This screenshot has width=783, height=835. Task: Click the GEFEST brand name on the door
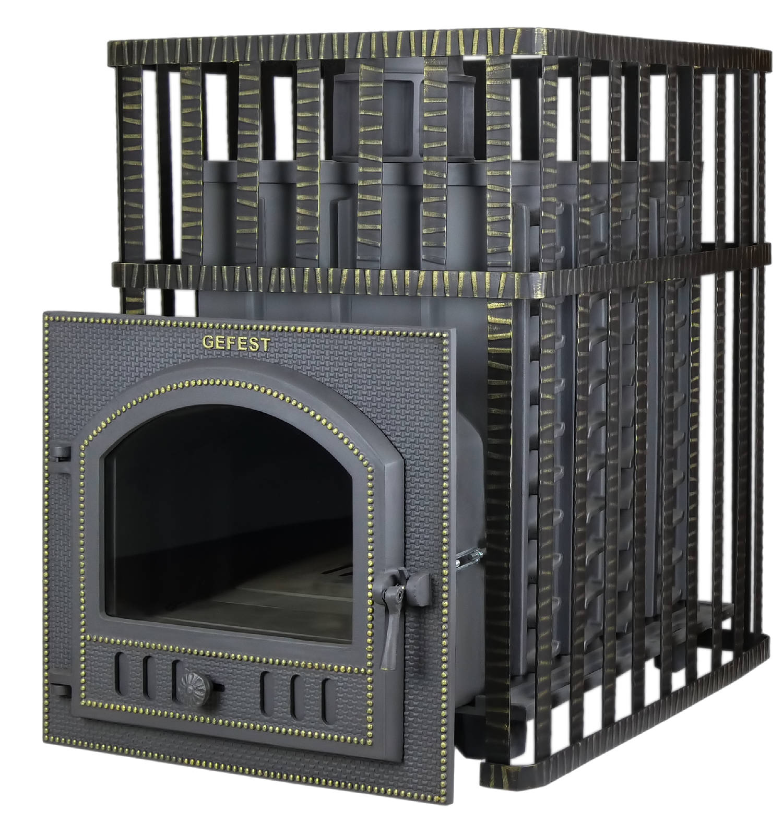(x=236, y=343)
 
